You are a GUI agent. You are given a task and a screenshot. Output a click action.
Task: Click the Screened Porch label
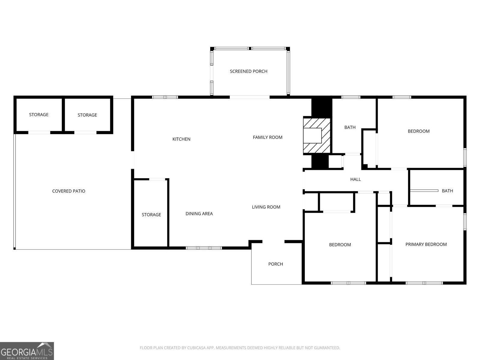248,71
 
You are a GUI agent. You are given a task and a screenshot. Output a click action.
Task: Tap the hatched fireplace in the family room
317,136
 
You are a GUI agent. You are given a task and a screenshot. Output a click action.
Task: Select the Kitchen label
181,139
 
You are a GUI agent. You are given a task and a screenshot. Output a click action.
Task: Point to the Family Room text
268,137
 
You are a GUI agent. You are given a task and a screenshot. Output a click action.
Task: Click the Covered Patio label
69,191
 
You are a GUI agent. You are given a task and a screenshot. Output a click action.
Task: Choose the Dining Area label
199,214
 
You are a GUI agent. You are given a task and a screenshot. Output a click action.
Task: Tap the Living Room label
266,207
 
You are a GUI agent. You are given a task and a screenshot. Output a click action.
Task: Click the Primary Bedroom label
426,244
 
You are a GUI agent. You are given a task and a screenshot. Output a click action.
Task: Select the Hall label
355,179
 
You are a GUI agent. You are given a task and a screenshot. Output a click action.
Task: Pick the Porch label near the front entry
275,264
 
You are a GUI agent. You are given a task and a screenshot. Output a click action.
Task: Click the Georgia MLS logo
27,351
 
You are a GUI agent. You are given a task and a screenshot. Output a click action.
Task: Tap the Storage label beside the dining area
151,215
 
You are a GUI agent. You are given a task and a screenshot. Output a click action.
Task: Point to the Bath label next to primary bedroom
447,191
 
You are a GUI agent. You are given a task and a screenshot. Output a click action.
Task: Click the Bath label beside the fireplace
350,127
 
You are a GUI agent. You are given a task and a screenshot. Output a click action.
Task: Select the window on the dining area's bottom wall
204,248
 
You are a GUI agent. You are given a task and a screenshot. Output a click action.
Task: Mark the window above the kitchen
165,97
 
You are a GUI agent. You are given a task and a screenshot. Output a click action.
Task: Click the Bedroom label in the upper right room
418,131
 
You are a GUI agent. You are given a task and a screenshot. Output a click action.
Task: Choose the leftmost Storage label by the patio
39,115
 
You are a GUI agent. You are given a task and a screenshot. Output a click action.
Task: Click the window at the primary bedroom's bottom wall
424,283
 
